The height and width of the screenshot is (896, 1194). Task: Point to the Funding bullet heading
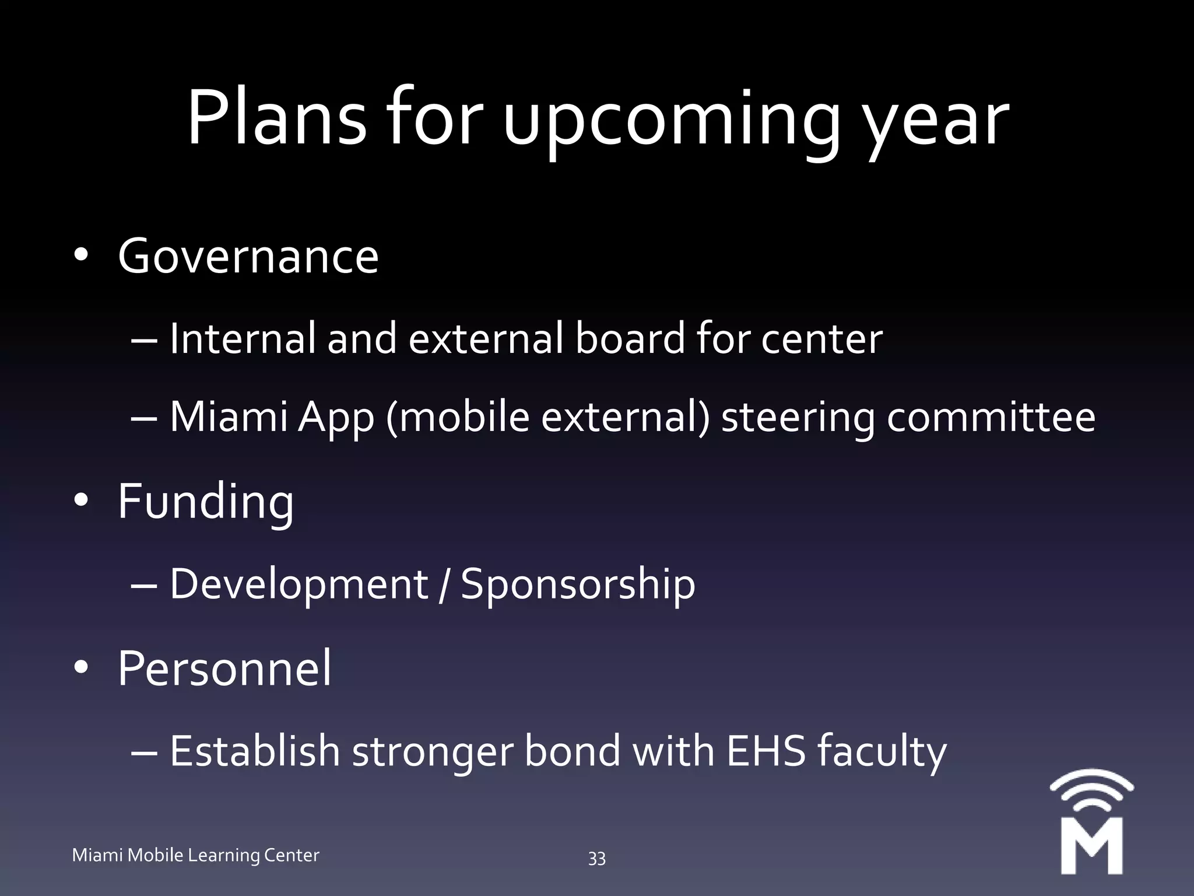[206, 502]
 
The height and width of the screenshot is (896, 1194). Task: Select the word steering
[798, 418]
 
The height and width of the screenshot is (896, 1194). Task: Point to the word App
[335, 418]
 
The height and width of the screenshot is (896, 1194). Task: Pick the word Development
[299, 584]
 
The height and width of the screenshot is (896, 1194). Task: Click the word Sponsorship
[578, 584]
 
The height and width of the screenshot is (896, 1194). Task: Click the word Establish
[255, 751]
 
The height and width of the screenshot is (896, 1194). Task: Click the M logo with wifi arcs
[1091, 822]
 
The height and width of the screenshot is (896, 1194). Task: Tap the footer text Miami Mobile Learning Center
[196, 855]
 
